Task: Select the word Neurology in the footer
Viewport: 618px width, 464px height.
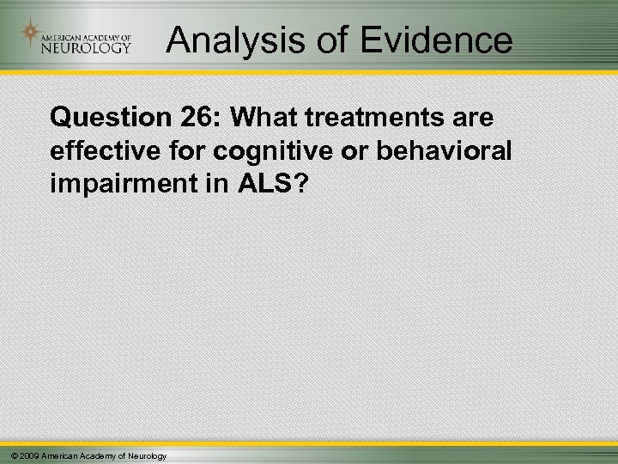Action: (147, 455)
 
